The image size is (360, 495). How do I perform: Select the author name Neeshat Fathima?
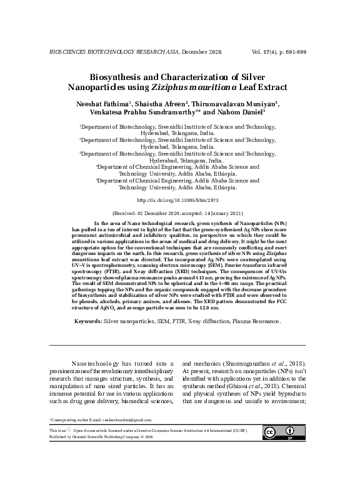[x=104, y=103]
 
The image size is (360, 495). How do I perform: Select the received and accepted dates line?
[x=179, y=213]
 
